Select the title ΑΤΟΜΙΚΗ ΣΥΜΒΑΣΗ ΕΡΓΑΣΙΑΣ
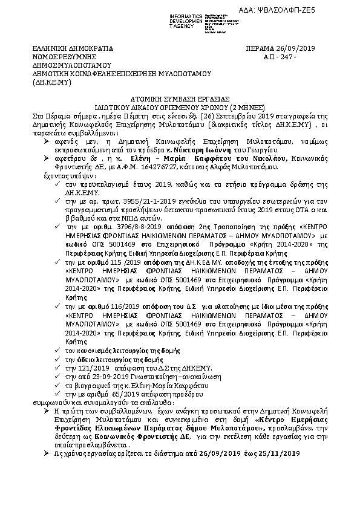(x=179, y=97)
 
